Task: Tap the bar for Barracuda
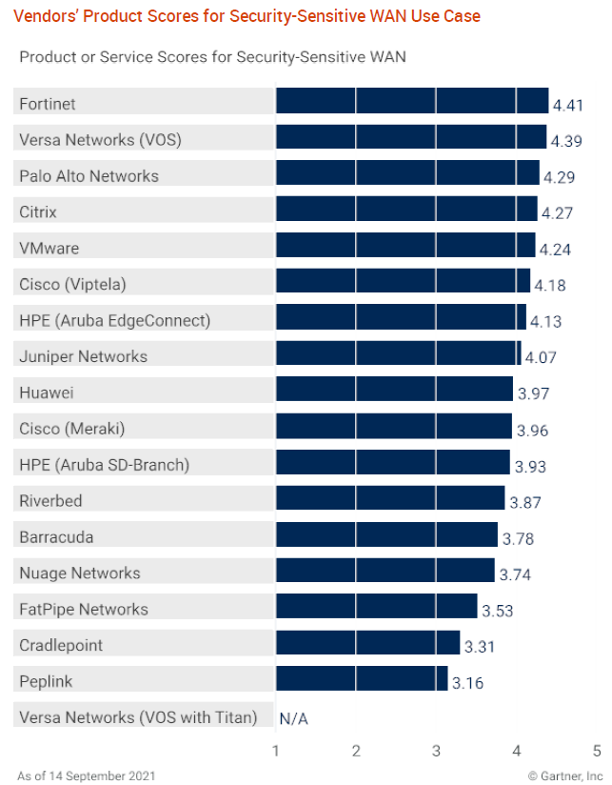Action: click(x=386, y=535)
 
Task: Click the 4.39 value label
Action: click(x=566, y=141)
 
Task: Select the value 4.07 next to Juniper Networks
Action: click(x=541, y=358)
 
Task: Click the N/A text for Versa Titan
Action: click(x=294, y=717)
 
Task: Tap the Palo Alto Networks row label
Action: click(x=89, y=176)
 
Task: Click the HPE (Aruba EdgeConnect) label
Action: click(x=114, y=320)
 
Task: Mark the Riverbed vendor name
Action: click(x=50, y=501)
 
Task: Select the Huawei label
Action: click(x=46, y=392)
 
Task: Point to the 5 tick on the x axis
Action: click(x=597, y=751)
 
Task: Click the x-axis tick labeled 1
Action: click(x=276, y=751)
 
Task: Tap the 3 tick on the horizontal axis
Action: click(x=436, y=751)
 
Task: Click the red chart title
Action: click(x=247, y=16)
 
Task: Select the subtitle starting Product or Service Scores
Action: click(x=212, y=57)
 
